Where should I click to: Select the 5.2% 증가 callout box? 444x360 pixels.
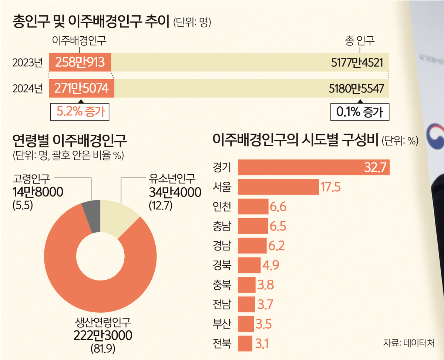pyautogui.click(x=80, y=111)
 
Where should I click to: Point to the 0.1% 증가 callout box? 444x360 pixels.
pyautogui.click(x=360, y=111)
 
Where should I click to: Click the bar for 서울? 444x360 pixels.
pyautogui.click(x=278, y=187)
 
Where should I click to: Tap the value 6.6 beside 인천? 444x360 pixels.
pyautogui.click(x=277, y=206)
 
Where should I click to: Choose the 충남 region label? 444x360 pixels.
pyautogui.click(x=222, y=226)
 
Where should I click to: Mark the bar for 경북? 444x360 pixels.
pyautogui.click(x=249, y=265)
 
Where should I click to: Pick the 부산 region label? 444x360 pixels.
pyautogui.click(x=222, y=324)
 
